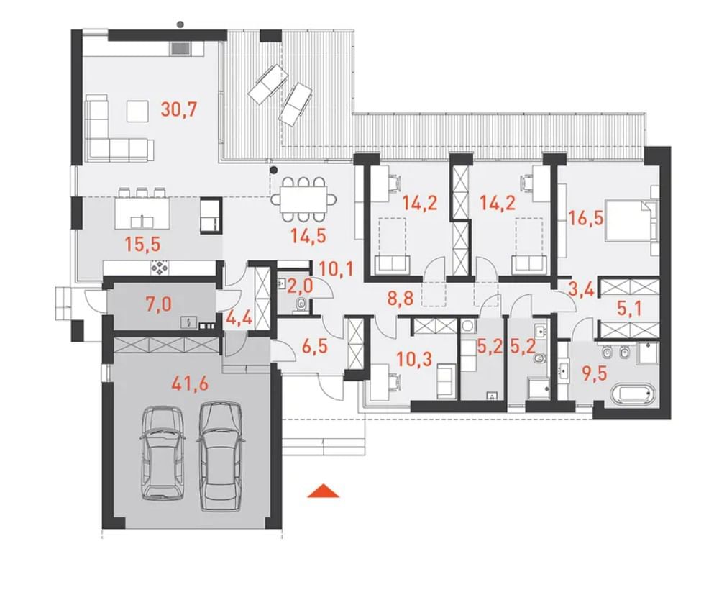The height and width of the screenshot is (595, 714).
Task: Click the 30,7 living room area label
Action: (180, 110)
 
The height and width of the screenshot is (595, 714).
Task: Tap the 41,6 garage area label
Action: (190, 384)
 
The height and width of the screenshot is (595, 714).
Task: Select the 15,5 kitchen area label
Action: (143, 245)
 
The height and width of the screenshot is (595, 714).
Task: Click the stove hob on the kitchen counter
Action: (160, 268)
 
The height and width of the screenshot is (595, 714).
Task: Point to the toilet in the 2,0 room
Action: (301, 304)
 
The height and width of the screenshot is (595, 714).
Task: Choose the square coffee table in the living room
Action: (137, 112)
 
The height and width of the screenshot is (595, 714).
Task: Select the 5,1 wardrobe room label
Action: (630, 310)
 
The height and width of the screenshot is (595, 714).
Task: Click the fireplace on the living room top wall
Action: (181, 49)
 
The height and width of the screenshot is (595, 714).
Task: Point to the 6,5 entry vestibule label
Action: (315, 348)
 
